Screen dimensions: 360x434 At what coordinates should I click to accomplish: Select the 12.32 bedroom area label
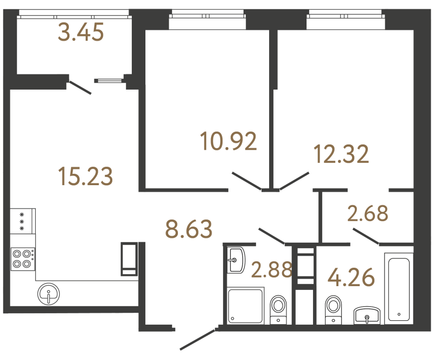[342, 154]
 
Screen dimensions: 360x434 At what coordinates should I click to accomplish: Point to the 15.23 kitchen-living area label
[85, 176]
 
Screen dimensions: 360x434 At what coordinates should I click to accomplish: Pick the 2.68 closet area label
[368, 213]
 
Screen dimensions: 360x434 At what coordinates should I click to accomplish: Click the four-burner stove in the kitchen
[22, 258]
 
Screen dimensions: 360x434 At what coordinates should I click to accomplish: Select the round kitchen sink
[49, 295]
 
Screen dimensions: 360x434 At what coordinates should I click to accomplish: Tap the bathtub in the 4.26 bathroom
[399, 287]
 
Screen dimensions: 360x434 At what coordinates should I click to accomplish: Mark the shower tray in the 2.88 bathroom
[245, 306]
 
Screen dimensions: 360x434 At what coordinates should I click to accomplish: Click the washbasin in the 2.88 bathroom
[236, 260]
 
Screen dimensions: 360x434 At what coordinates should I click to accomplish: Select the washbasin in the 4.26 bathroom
[368, 315]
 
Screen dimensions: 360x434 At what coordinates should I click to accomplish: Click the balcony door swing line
[80, 87]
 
